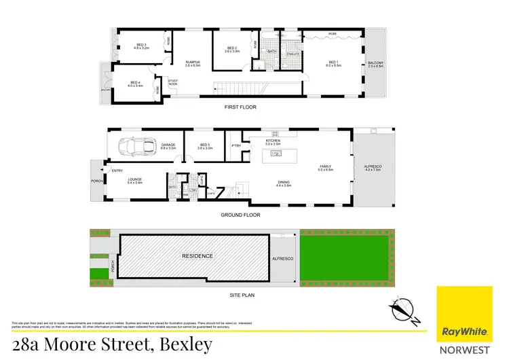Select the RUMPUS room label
point(190,62)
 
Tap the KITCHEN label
point(273,142)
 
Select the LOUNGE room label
point(134,180)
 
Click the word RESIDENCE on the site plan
point(197,256)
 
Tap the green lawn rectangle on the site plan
point(345,255)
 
